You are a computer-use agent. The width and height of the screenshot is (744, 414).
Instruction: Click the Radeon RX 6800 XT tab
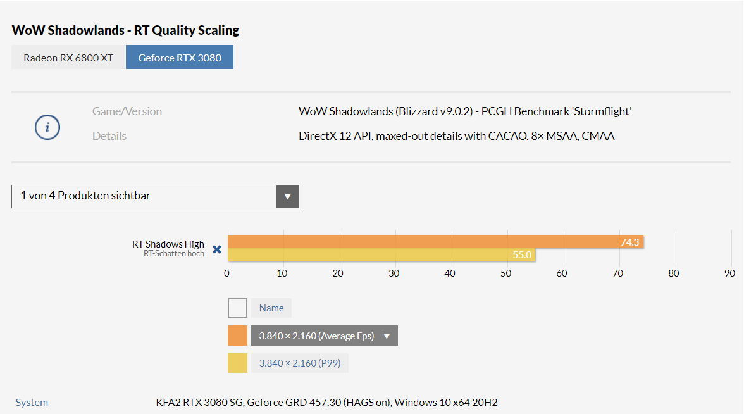click(x=68, y=58)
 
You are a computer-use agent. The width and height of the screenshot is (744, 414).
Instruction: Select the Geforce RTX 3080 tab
click(x=180, y=58)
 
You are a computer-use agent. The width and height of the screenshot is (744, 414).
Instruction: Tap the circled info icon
click(x=47, y=127)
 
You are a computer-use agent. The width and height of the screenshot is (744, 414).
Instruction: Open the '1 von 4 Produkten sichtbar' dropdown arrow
click(x=287, y=196)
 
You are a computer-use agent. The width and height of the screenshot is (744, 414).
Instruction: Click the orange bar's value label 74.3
click(x=629, y=242)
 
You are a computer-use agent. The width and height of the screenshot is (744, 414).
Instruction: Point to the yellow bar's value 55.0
click(x=522, y=255)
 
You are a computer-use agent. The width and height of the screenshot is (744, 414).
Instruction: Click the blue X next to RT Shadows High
click(x=217, y=249)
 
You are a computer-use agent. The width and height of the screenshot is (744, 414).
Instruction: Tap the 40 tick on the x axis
click(x=450, y=273)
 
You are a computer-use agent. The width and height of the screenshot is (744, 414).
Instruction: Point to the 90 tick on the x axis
click(x=729, y=273)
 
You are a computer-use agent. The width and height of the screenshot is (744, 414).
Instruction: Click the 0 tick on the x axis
click(x=226, y=273)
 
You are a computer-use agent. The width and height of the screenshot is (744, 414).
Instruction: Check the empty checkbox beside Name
click(x=237, y=308)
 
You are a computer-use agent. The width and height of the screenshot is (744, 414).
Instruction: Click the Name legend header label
click(x=271, y=308)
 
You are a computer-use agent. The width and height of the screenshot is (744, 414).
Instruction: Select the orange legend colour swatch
click(x=237, y=336)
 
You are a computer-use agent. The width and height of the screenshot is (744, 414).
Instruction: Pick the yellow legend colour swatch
click(x=237, y=363)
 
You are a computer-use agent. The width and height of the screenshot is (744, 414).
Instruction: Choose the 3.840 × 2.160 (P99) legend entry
click(x=300, y=363)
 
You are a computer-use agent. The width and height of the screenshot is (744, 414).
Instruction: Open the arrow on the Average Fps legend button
click(x=387, y=336)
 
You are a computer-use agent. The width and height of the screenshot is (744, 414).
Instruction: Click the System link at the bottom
click(x=32, y=402)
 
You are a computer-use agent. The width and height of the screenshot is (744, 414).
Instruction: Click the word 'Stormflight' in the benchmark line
click(x=602, y=111)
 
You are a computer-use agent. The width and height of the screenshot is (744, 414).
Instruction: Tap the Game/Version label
click(x=127, y=111)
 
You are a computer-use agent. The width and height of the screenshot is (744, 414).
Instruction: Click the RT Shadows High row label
click(x=168, y=244)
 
